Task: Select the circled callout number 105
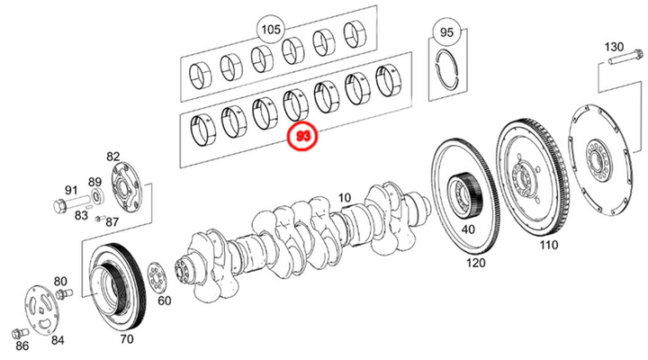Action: [x=270, y=30]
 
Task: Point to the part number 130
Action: [x=613, y=47]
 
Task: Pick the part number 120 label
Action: [x=476, y=264]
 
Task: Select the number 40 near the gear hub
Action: [x=468, y=229]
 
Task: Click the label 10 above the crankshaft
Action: [x=344, y=197]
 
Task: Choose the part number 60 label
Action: [x=165, y=299]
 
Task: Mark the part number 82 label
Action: [x=113, y=157]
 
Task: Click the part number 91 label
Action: [x=70, y=190]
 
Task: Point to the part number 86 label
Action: [x=22, y=345]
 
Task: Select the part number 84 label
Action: [x=58, y=339]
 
